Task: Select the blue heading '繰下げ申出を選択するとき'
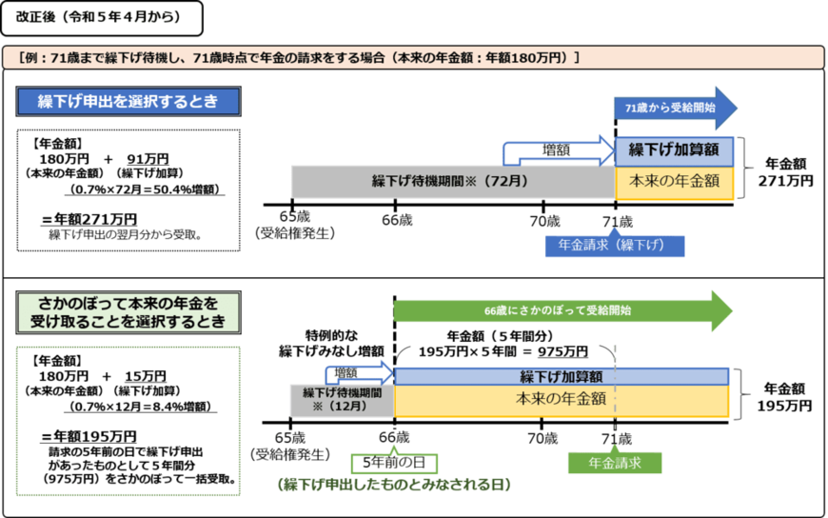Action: (x=128, y=101)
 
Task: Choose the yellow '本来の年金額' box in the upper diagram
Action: (x=674, y=181)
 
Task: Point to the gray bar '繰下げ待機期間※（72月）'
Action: (x=451, y=181)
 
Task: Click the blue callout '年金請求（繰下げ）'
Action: (x=614, y=245)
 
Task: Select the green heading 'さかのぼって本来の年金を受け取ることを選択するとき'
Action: (x=128, y=312)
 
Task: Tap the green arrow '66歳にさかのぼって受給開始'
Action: (x=562, y=310)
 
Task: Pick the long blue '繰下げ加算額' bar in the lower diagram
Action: (x=562, y=375)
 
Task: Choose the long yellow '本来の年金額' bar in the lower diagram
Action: (x=562, y=400)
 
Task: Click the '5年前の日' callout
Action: (x=394, y=463)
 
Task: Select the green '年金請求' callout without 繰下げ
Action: (x=614, y=463)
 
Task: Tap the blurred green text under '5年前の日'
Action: (x=394, y=486)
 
